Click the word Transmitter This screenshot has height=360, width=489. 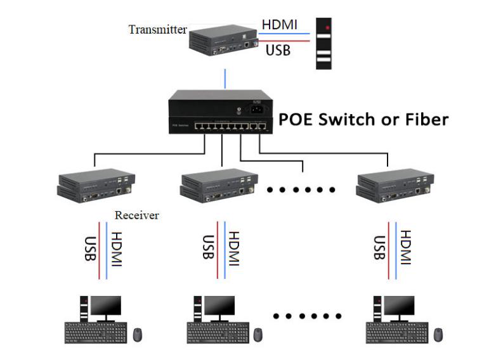tap(157, 29)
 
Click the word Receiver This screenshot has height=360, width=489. tap(136, 215)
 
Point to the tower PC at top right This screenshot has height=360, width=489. tap(325, 43)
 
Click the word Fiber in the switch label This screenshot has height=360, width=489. tap(424, 119)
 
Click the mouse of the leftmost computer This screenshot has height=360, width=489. tap(138, 334)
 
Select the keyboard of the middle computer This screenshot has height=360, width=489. tap(217, 332)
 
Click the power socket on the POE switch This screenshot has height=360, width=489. tap(259, 108)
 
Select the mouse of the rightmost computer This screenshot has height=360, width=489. tap(438, 334)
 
